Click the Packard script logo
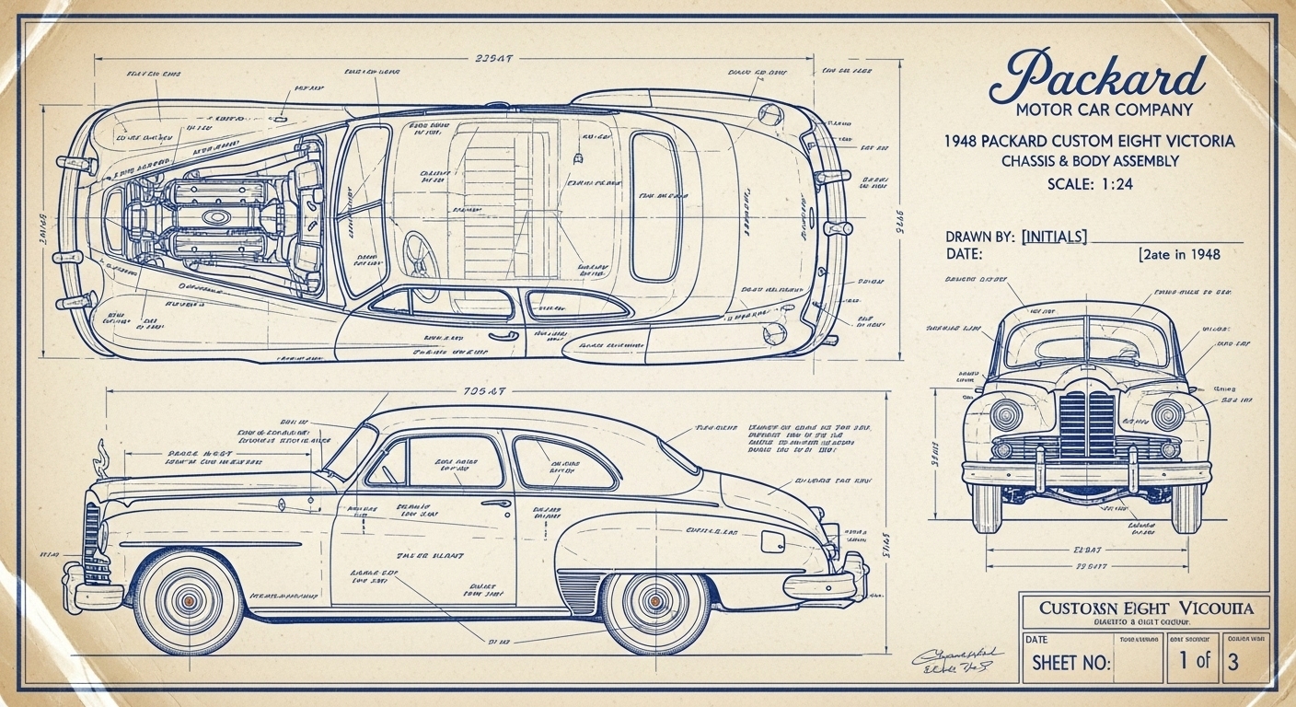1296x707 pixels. [x=1096, y=76]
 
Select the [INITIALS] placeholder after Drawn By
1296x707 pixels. [x=1054, y=237]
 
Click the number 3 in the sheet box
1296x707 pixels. [x=1233, y=660]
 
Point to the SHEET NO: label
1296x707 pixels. [x=1070, y=663]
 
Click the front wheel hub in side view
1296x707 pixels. [x=190, y=600]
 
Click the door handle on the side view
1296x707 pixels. [x=495, y=504]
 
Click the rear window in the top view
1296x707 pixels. [x=654, y=205]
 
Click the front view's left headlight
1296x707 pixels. [x=1005, y=414]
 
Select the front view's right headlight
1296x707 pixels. [x=1169, y=414]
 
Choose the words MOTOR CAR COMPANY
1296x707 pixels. [x=1104, y=110]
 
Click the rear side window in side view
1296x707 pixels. [x=561, y=463]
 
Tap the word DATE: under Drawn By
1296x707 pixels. [x=964, y=254]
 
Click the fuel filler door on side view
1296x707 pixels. [x=772, y=541]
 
